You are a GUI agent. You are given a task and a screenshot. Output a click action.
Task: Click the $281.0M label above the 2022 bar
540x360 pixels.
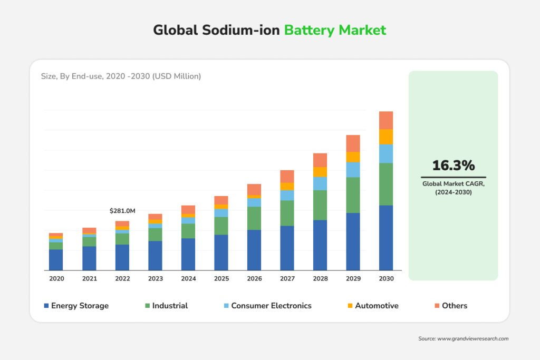(x=122, y=211)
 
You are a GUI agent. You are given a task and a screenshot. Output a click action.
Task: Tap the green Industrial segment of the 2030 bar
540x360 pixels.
(x=386, y=184)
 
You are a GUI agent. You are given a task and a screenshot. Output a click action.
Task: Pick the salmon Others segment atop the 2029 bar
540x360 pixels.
(x=353, y=143)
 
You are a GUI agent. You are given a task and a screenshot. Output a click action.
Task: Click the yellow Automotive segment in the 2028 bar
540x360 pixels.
(x=320, y=172)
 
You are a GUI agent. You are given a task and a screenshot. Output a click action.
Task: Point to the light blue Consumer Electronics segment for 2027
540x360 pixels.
(x=287, y=195)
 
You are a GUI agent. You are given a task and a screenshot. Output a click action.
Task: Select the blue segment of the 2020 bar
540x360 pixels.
(x=56, y=259)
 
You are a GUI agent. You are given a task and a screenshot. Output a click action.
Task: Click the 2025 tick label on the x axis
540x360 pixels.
(x=221, y=278)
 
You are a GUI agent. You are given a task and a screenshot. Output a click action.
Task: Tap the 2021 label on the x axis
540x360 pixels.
(x=89, y=278)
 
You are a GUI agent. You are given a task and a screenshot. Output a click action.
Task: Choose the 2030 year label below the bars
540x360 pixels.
(x=386, y=278)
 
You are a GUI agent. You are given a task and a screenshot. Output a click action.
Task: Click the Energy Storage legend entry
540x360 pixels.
(x=79, y=306)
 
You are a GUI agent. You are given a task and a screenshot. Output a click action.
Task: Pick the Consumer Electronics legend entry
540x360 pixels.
(x=271, y=306)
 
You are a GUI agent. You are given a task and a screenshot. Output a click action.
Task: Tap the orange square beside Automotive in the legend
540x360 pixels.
(x=350, y=306)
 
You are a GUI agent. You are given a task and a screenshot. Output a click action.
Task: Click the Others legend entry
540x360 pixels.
(x=454, y=306)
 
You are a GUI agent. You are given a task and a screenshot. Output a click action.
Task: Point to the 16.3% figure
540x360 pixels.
(x=453, y=166)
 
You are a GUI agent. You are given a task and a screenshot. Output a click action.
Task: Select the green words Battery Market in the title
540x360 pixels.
(x=335, y=30)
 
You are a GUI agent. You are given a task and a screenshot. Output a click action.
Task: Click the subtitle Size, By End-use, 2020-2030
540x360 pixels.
(x=121, y=76)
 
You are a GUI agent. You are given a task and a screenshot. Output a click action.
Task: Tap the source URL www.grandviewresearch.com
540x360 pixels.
(x=472, y=338)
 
